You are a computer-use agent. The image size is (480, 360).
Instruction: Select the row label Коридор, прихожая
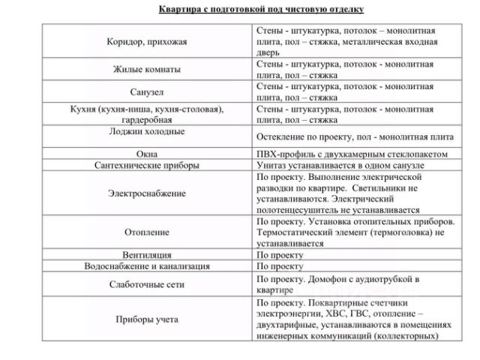tap(146, 42)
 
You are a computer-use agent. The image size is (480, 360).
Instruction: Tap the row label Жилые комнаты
tap(146, 69)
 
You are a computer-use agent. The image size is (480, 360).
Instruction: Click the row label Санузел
tap(146, 91)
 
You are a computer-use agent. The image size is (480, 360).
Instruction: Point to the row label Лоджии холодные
tap(146, 131)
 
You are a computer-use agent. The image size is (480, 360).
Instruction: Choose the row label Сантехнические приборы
tap(146, 164)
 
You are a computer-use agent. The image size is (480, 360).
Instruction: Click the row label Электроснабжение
tap(146, 193)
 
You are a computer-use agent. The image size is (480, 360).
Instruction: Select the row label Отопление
tap(146, 232)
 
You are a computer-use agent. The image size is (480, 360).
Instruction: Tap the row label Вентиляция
tap(146, 254)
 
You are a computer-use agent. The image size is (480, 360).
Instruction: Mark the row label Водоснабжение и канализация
tap(146, 265)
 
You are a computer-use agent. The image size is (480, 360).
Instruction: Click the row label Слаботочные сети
tap(146, 285)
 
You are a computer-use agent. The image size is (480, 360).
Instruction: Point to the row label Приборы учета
tap(146, 319)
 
